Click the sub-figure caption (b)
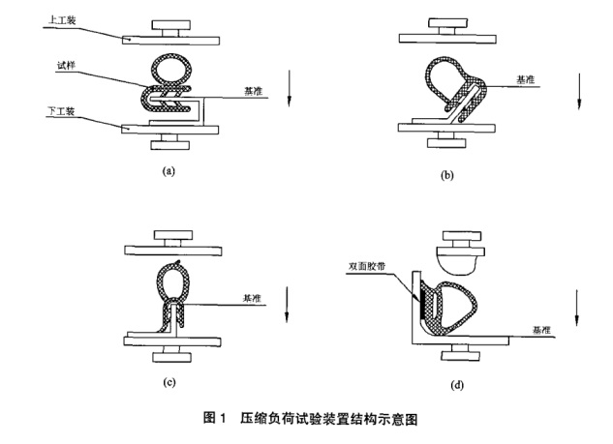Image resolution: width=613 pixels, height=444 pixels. tap(446, 176)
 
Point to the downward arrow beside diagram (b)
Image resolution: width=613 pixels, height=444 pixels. tap(579, 90)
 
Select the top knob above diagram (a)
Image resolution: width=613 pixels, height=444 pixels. tap(170, 24)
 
